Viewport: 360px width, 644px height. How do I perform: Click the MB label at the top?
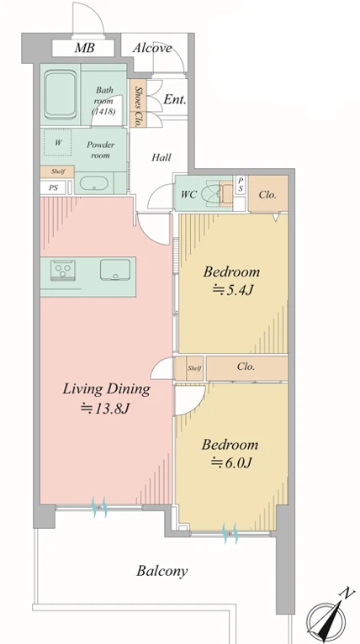[x=84, y=48]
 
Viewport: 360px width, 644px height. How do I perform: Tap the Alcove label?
[x=152, y=48]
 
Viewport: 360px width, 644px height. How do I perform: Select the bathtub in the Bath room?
[x=61, y=94]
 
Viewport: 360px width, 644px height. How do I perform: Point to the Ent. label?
[x=175, y=99]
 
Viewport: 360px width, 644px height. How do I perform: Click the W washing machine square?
[x=58, y=143]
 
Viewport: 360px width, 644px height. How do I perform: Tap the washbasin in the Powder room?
[x=93, y=183]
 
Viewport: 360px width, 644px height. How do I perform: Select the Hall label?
[x=161, y=157]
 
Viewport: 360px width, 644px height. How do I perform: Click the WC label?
[x=188, y=194]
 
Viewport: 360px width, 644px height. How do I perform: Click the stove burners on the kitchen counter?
[x=63, y=270]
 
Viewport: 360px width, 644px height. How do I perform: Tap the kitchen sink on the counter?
[x=115, y=270]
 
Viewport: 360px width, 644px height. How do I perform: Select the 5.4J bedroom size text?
[x=232, y=290]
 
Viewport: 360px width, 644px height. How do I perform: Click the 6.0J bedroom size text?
[x=231, y=463]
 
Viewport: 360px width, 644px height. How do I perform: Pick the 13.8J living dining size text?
[x=106, y=409]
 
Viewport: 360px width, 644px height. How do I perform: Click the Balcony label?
[x=162, y=571]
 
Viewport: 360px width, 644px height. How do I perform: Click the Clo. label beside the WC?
[x=267, y=195]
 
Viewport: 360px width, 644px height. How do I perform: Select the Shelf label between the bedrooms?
[x=194, y=368]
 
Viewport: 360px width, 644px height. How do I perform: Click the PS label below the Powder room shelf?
[x=53, y=187]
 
